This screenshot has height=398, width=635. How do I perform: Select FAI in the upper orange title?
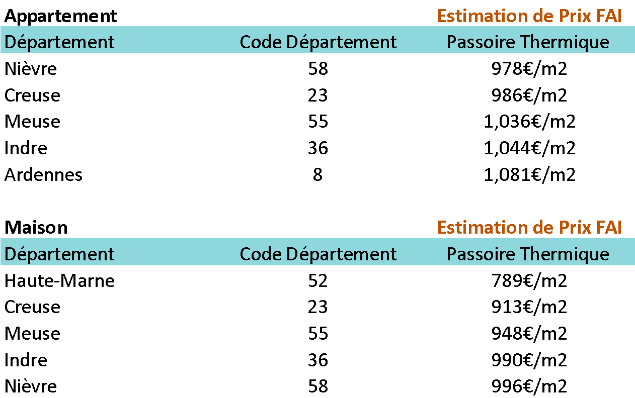click(608, 16)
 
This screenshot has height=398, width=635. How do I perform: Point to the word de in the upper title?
click(543, 16)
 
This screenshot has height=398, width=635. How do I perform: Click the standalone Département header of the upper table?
click(59, 42)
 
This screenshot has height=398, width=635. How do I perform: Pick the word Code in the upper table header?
click(261, 42)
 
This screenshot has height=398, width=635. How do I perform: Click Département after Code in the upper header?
click(342, 42)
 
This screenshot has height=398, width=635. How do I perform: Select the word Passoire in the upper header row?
click(481, 42)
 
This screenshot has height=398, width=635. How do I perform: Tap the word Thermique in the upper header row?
click(564, 42)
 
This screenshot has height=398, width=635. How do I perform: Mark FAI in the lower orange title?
click(608, 228)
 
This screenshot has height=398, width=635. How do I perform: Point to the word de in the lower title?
click(543, 228)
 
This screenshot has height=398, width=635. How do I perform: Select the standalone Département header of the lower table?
click(59, 254)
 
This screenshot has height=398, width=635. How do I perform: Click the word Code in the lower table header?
click(261, 254)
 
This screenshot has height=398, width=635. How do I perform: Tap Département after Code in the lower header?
click(342, 254)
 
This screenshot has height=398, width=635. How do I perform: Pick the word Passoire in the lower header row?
click(481, 254)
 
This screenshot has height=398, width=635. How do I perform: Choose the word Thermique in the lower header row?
click(564, 254)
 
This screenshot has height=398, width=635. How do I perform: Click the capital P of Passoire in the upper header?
click(451, 42)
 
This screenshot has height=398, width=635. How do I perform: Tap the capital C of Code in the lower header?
click(246, 254)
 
